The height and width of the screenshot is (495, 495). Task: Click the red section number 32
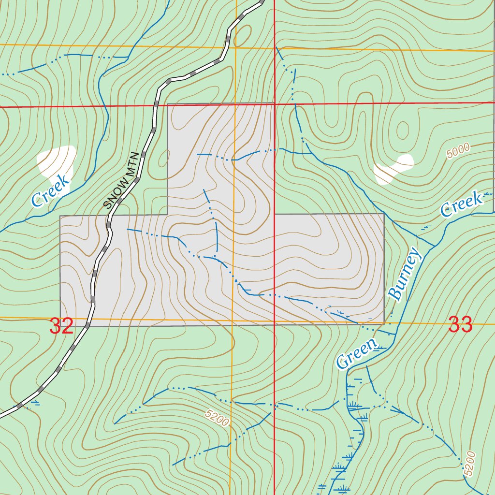point(61,326)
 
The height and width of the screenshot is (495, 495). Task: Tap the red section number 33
point(460,324)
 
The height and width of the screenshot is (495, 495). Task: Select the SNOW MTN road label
point(122,181)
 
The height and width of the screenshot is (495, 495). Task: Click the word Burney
point(405,274)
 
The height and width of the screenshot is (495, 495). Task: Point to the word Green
point(356,354)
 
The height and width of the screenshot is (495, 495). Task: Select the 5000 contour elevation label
point(458,152)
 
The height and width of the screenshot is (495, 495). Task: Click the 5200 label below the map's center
point(216,418)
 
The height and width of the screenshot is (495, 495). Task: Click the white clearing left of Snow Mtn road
point(57,161)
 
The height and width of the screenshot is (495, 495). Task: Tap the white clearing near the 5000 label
point(393,169)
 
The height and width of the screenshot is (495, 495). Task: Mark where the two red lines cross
point(275,103)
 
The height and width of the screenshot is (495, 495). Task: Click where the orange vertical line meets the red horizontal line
point(235,104)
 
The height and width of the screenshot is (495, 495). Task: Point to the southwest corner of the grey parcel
point(60,326)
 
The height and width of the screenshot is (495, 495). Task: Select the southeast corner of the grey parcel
point(384,323)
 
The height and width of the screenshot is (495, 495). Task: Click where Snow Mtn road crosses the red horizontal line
point(157,105)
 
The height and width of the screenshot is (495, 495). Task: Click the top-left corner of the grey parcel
point(167,104)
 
